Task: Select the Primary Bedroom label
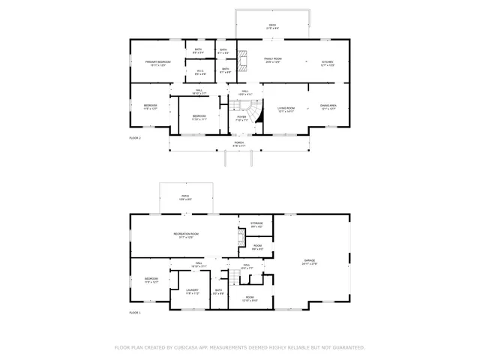pyautogui.click(x=158, y=63)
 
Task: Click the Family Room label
pyautogui.click(x=272, y=59)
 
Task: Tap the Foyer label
pyautogui.click(x=241, y=118)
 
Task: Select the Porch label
pyautogui.click(x=239, y=143)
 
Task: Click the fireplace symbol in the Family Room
pyautogui.click(x=242, y=62)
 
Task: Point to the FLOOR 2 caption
pyautogui.click(x=135, y=139)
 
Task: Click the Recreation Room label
pyautogui.click(x=189, y=235)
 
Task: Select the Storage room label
pyautogui.click(x=256, y=224)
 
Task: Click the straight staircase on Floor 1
pyautogui.click(x=234, y=279)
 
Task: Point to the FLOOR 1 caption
pyautogui.click(x=135, y=311)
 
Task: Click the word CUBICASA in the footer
pyautogui.click(x=193, y=347)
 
